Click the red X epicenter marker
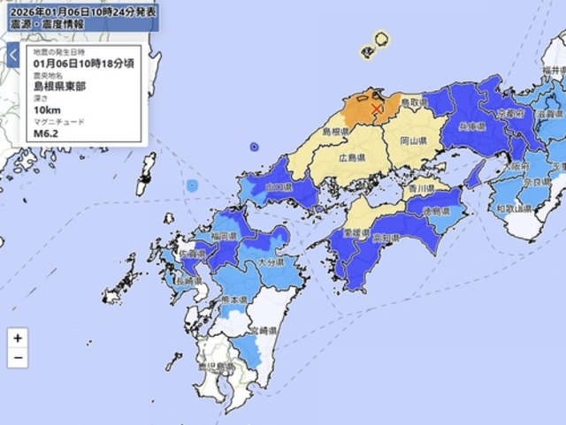[x=378, y=109]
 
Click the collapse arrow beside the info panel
[x=13, y=56]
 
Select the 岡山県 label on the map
[x=413, y=140]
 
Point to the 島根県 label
[x=336, y=132]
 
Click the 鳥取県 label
[x=414, y=103]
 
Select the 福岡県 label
[x=222, y=236]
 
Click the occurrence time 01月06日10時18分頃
[x=84, y=64]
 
